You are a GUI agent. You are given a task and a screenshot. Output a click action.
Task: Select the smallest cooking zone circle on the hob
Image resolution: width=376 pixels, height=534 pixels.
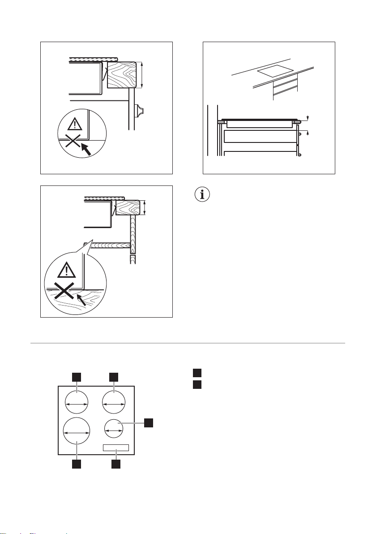click(x=114, y=429)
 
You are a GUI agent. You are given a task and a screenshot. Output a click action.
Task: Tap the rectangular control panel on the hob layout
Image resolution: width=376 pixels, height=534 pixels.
click(x=115, y=448)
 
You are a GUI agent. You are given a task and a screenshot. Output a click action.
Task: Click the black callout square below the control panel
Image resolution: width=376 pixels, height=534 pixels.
click(x=115, y=464)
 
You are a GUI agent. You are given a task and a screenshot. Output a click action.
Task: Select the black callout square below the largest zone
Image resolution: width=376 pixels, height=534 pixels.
click(x=77, y=464)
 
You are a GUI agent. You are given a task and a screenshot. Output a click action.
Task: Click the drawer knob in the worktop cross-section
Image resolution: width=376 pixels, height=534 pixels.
click(x=142, y=109)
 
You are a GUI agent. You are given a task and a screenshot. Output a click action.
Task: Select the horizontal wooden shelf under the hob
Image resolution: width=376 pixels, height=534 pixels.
click(x=110, y=245)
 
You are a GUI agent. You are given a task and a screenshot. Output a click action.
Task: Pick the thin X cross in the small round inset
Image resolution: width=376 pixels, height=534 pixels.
click(x=71, y=142)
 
